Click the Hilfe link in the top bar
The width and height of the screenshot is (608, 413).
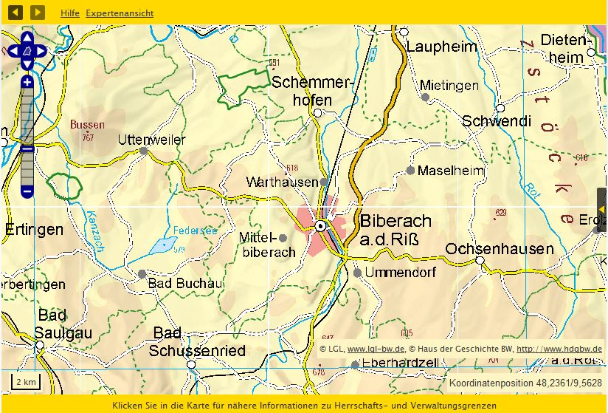point(70,13)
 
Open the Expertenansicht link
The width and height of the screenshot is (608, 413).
point(120,13)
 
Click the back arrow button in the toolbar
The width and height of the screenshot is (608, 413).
point(15,13)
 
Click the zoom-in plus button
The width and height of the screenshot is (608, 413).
point(27,82)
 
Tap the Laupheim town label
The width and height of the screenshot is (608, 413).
point(442,47)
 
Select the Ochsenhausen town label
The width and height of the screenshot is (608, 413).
point(499,248)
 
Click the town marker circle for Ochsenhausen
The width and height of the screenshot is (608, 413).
point(480,260)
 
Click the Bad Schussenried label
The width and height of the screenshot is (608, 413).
point(197,342)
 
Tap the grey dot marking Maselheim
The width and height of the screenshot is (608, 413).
point(410,170)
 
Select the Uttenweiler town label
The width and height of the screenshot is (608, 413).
point(152,139)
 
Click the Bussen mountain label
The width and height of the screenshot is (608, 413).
point(87,125)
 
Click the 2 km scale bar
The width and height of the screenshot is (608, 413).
point(25,382)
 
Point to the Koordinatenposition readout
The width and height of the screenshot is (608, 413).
point(525,383)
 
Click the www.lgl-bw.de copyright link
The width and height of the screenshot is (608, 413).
point(376,349)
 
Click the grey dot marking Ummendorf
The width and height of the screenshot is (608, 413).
point(358,273)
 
